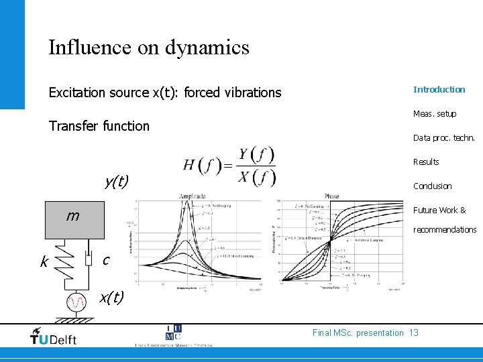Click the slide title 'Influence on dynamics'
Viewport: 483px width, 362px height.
(x=148, y=48)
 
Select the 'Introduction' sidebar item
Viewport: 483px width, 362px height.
(x=439, y=89)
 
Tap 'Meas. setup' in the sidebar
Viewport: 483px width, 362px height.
(x=434, y=113)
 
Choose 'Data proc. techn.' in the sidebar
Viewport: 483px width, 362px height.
(x=443, y=137)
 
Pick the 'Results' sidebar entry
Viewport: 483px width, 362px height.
(x=426, y=162)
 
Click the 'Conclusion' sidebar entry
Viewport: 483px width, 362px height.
(x=432, y=186)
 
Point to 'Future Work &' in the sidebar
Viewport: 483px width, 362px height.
(x=439, y=210)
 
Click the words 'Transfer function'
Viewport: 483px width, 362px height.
(x=99, y=126)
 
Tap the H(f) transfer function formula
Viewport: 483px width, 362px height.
(x=229, y=166)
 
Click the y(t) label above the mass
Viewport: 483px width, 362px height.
(x=117, y=180)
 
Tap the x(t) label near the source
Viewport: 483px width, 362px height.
(x=111, y=296)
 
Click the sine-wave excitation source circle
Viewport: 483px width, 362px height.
(x=78, y=304)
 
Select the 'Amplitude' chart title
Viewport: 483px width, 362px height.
(x=193, y=196)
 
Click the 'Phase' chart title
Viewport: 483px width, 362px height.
(x=331, y=196)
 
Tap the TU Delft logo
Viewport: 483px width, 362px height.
(x=54, y=337)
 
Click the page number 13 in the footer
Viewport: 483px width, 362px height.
(x=413, y=333)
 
